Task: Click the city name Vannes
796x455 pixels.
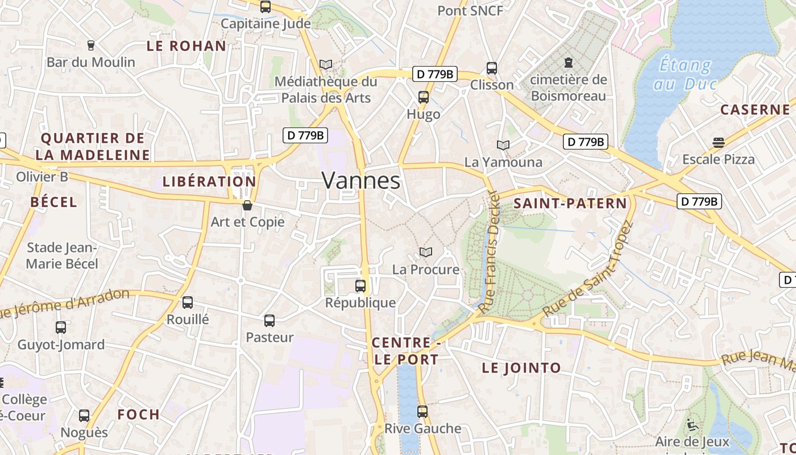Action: tap(361, 181)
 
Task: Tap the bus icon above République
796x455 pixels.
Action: tap(360, 286)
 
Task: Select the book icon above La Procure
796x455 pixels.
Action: tap(425, 252)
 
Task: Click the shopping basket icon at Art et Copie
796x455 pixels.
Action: tap(247, 205)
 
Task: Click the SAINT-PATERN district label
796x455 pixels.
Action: tap(570, 204)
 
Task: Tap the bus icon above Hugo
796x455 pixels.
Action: tap(424, 97)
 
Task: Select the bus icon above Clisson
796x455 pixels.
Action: tap(492, 68)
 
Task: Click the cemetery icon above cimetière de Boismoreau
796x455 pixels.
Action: tap(568, 63)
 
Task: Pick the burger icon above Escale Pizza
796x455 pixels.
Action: tap(719, 142)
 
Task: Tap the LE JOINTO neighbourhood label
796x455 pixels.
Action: tap(521, 368)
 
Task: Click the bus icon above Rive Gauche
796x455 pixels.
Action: tap(422, 411)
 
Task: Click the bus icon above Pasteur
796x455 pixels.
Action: tap(270, 321)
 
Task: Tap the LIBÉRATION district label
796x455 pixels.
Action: tap(209, 182)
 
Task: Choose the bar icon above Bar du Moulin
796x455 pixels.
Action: tap(90, 45)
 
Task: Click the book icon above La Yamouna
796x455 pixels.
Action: tap(503, 145)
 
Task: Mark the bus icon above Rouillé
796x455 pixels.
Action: tap(188, 303)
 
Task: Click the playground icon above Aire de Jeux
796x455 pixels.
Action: tap(692, 425)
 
